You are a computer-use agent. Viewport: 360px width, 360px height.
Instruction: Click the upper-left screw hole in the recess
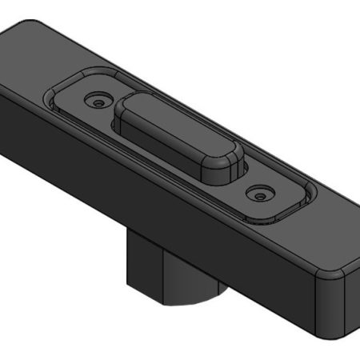tap(98, 103)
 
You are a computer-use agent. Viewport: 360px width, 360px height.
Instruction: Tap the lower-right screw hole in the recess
tap(258, 193)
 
